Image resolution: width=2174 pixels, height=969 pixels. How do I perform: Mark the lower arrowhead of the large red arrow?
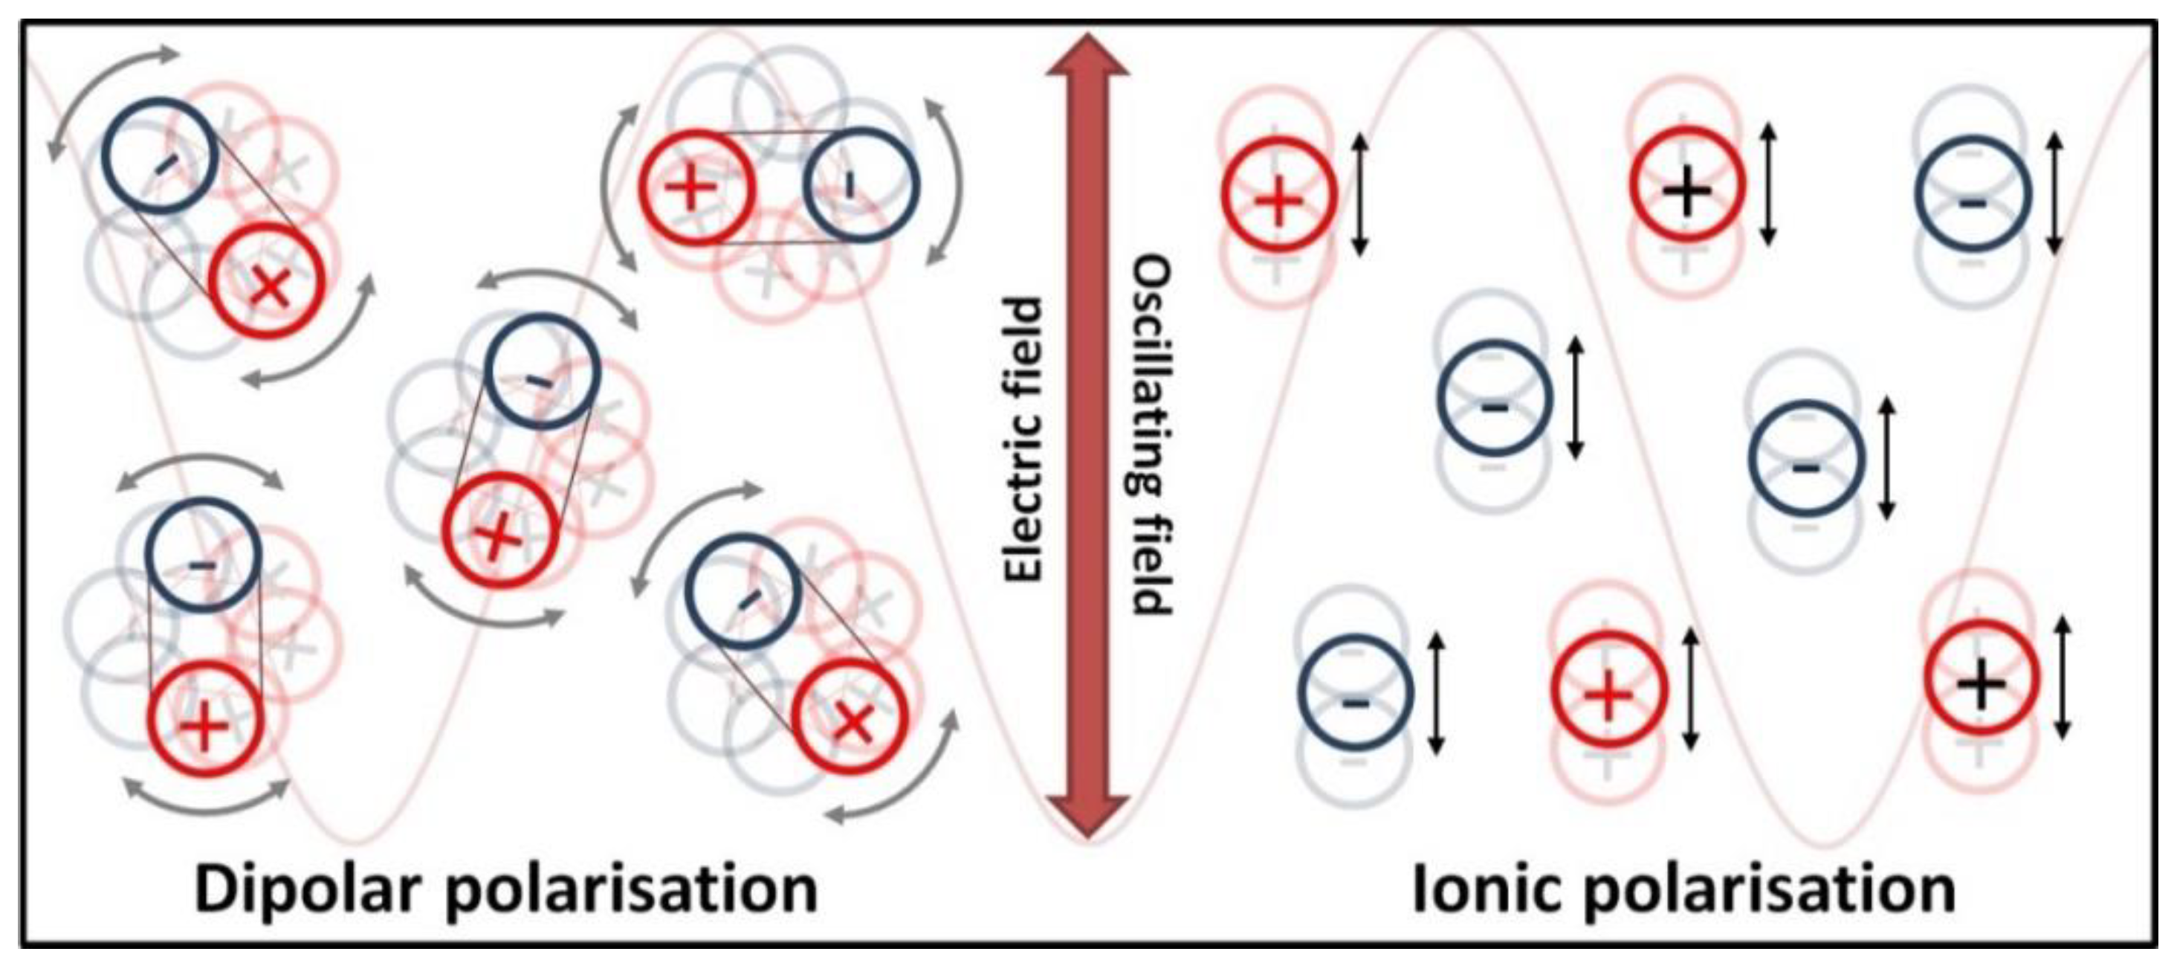[1088, 814]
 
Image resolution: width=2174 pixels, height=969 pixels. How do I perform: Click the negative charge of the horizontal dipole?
[860, 185]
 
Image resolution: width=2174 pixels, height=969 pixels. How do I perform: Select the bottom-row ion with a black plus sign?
[1981, 679]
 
